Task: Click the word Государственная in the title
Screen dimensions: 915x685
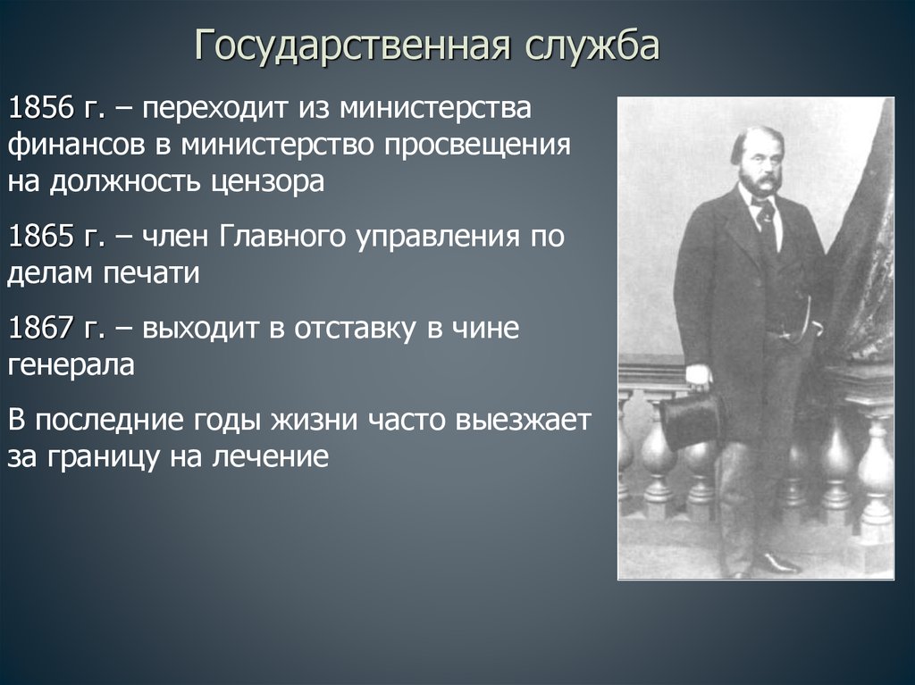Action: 353,45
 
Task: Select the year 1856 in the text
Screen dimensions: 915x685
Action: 41,108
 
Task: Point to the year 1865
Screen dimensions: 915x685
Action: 41,237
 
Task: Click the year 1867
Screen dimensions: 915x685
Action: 41,328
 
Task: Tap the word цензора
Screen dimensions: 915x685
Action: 267,181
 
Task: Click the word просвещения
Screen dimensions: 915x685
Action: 477,146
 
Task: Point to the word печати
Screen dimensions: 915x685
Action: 152,273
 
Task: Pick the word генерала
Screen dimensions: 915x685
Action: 71,365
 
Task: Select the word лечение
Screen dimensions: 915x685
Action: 270,457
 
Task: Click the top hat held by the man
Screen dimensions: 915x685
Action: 693,418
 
